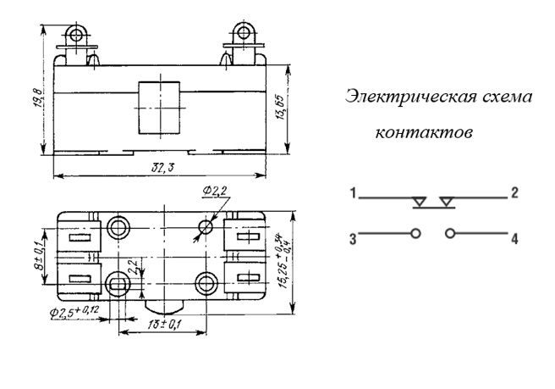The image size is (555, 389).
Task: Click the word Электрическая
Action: pyautogui.click(x=403, y=97)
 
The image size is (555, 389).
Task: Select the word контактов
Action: pyautogui.click(x=422, y=134)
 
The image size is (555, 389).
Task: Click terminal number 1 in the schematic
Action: pyautogui.click(x=351, y=194)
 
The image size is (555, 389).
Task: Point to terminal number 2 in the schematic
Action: pyautogui.click(x=514, y=193)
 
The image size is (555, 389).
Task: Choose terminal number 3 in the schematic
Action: pyautogui.click(x=351, y=238)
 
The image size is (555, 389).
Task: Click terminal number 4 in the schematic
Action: pyautogui.click(x=514, y=239)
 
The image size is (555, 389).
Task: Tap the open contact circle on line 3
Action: pyautogui.click(x=415, y=232)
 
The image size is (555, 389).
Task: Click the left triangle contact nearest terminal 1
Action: pyautogui.click(x=419, y=202)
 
